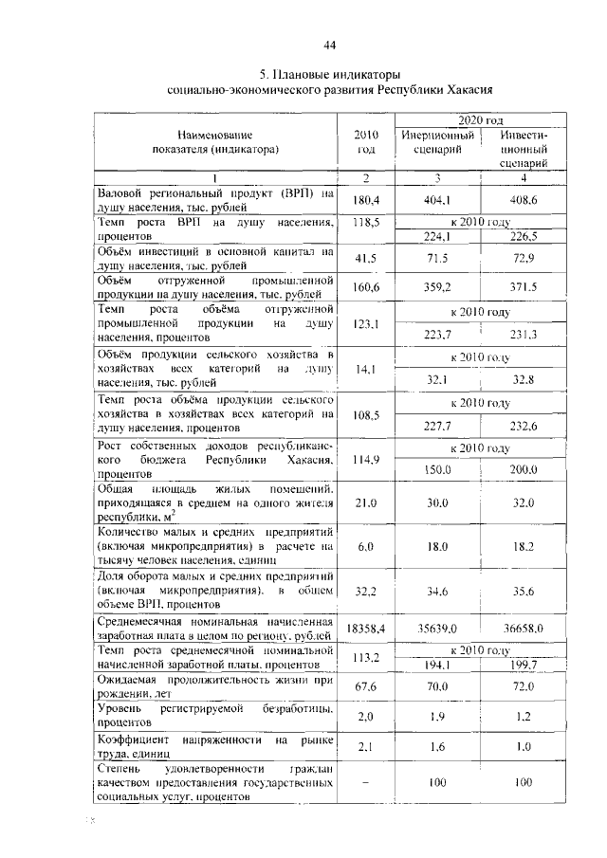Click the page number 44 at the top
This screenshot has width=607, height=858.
(x=329, y=45)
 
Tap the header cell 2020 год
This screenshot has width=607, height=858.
(x=480, y=120)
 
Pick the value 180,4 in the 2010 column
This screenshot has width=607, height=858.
(x=365, y=200)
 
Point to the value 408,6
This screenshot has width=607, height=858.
(x=524, y=200)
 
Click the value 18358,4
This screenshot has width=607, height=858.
(x=365, y=628)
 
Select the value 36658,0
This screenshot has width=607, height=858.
(x=524, y=628)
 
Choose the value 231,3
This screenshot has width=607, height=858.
(x=524, y=333)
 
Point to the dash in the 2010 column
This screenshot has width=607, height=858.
(x=365, y=784)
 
